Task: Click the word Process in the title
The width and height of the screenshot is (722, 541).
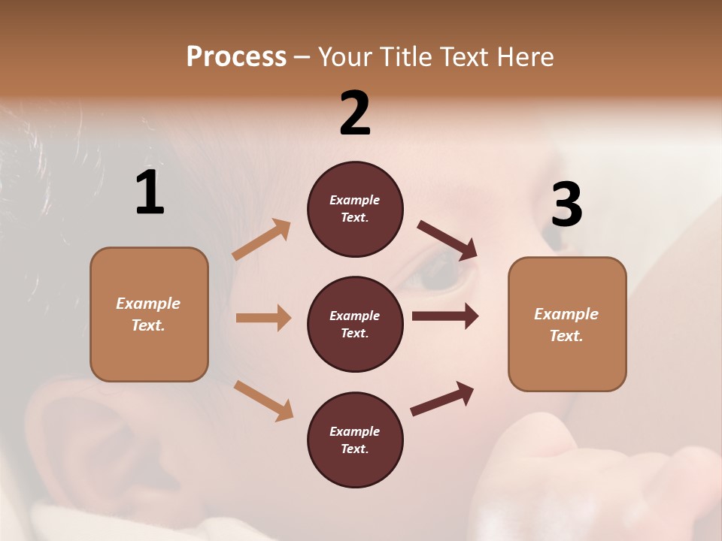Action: tap(236, 57)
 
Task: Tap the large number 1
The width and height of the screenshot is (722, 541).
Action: tap(149, 193)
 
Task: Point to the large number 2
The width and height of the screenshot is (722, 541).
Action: tap(355, 113)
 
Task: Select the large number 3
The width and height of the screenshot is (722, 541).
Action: tap(566, 205)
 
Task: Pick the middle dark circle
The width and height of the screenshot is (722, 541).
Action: tap(355, 324)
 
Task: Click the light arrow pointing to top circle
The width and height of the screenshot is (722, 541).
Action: tap(262, 240)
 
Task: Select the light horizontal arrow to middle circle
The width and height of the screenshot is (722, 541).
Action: tap(263, 318)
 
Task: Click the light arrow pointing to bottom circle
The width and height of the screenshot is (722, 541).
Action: tap(263, 400)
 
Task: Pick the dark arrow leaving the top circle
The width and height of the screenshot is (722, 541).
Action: tap(447, 240)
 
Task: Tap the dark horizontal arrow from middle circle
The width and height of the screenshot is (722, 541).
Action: tap(445, 316)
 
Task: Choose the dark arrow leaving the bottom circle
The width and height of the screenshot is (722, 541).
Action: tap(442, 399)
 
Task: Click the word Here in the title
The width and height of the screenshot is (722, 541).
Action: tap(526, 57)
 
